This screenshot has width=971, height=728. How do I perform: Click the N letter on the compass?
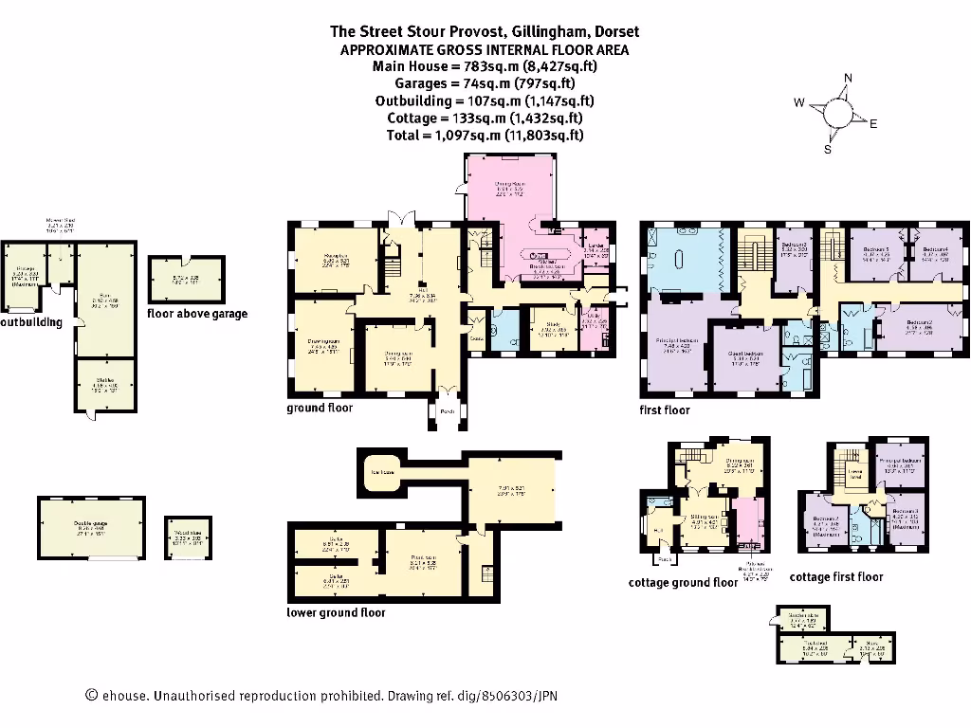pos(848,79)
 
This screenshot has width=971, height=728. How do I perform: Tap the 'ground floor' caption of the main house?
pos(320,409)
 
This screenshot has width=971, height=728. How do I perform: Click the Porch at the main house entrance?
pos(446,411)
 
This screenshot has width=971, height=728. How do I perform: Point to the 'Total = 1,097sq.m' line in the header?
pos(485,136)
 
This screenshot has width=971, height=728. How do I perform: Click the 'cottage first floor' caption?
pos(835,576)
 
